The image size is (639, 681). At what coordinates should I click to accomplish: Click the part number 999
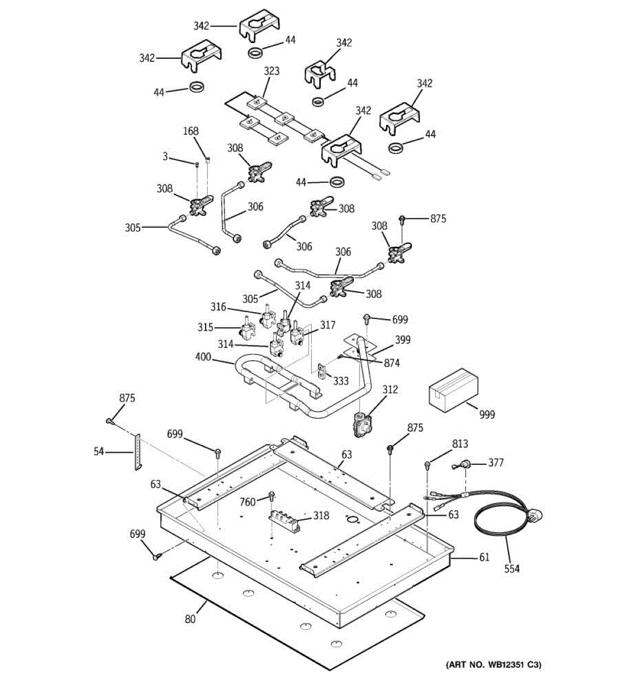point(487,415)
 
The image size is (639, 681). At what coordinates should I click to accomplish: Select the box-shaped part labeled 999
point(453,390)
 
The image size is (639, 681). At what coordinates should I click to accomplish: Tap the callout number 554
point(512,569)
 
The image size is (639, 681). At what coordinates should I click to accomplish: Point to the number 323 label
point(272,72)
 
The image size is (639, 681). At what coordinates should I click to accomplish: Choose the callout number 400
point(203,357)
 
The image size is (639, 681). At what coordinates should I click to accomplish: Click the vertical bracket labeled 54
point(137,452)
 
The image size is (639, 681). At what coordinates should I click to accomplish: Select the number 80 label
point(190,619)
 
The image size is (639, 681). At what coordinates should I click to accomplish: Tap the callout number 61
point(484,557)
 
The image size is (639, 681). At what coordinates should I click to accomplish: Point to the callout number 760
point(248,502)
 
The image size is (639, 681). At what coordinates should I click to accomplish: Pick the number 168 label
point(191,131)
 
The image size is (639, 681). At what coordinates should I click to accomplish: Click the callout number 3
point(165,157)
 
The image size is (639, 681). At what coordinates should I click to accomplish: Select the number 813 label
point(460,444)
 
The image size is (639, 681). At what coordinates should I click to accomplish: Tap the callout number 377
point(496,463)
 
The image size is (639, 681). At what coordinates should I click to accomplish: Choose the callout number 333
point(341,381)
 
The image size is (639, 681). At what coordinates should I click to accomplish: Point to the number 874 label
point(392,363)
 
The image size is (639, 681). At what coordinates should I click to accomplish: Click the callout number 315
point(205,327)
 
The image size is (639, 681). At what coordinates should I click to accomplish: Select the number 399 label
point(402,340)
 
